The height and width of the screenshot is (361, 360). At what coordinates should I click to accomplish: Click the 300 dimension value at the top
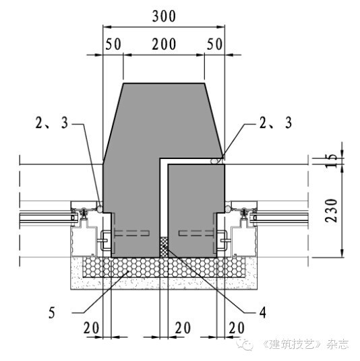tap(164, 16)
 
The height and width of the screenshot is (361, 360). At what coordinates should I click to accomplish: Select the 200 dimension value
tap(164, 44)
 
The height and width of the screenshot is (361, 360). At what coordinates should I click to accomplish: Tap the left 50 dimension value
tap(113, 44)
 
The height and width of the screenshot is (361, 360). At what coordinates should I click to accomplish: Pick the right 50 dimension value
tap(214, 44)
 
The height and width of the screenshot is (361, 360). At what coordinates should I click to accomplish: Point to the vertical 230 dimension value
tap(331, 211)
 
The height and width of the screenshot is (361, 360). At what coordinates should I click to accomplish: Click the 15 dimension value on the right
tap(331, 160)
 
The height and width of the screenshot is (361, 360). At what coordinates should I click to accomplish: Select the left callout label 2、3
tap(52, 123)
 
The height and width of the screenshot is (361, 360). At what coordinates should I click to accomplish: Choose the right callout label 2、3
tap(276, 123)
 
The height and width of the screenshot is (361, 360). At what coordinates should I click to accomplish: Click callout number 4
tap(263, 313)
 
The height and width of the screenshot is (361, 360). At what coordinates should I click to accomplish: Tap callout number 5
tap(52, 313)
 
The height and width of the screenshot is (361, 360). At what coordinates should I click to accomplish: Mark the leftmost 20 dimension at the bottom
tap(91, 328)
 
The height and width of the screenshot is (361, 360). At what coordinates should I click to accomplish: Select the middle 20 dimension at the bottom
tap(183, 328)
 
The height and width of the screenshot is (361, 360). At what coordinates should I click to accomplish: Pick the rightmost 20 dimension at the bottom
tap(237, 328)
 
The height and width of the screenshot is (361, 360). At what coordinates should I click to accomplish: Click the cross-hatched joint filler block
tap(164, 247)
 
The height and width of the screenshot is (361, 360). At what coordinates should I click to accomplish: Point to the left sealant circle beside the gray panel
tap(100, 209)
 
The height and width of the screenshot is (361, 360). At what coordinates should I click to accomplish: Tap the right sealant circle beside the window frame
tap(228, 209)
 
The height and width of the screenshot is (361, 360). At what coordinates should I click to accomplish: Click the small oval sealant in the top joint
tap(214, 161)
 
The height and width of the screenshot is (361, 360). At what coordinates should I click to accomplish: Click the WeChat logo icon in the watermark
tap(245, 344)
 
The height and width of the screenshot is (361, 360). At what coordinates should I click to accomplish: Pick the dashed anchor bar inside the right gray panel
tap(196, 233)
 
